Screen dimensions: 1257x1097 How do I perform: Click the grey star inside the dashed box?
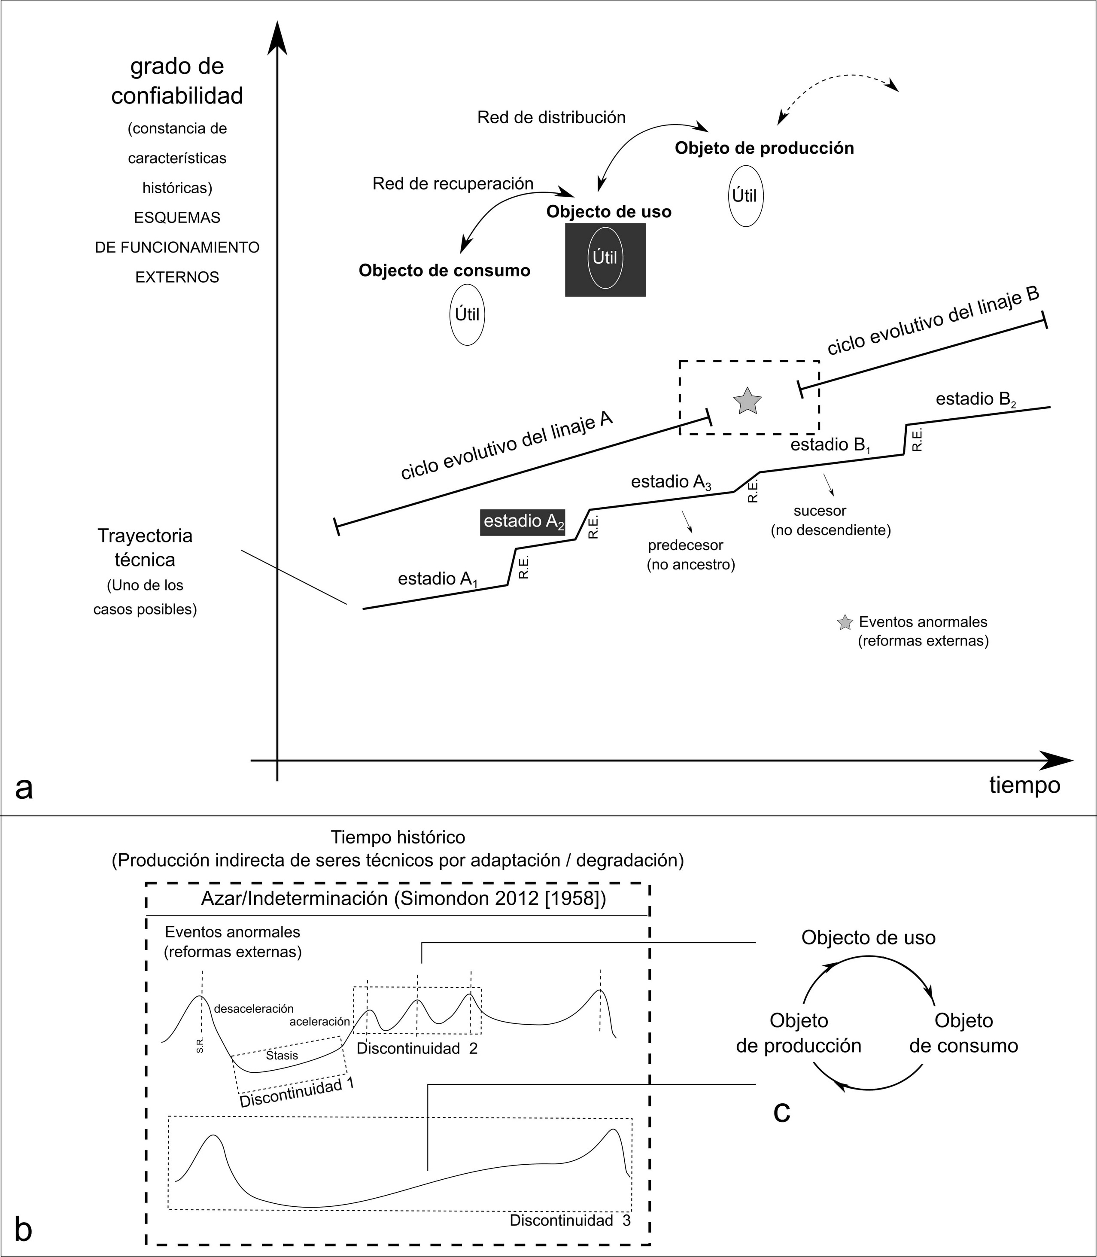(x=747, y=401)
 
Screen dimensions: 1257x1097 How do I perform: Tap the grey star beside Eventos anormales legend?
(x=845, y=623)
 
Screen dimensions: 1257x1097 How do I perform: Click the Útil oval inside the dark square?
(x=605, y=258)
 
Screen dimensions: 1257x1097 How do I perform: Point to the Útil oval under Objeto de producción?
(x=745, y=196)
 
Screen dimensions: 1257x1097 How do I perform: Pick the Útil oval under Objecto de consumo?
(x=467, y=315)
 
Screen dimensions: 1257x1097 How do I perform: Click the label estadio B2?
(x=976, y=400)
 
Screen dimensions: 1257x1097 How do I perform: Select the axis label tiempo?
(x=1024, y=785)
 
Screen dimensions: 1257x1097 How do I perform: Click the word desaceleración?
(x=254, y=1008)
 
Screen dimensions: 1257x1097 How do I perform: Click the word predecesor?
(x=686, y=545)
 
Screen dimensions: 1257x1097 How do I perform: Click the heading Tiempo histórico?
(x=398, y=837)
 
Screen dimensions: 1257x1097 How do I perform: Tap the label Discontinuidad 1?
(x=297, y=1092)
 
